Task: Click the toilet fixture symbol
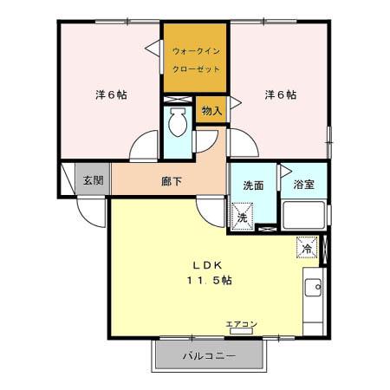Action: (x=178, y=122)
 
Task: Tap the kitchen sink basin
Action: (x=313, y=287)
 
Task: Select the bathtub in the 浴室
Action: (x=303, y=215)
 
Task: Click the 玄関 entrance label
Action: (x=93, y=180)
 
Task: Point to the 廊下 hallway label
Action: (x=172, y=181)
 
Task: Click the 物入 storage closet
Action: (x=211, y=110)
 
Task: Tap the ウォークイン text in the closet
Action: (x=196, y=51)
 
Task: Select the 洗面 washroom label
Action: (x=253, y=185)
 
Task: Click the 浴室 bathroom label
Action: (x=304, y=185)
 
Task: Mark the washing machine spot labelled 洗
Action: (x=243, y=217)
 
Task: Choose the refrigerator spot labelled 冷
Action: (x=307, y=247)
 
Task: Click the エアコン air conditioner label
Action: (x=241, y=324)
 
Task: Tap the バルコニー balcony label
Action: (x=209, y=356)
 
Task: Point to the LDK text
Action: (x=207, y=265)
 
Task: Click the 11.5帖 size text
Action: (x=210, y=280)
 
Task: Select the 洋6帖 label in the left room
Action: (x=111, y=94)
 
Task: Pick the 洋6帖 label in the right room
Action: (x=281, y=94)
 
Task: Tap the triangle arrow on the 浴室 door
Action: (x=286, y=171)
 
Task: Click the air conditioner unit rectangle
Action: (x=241, y=331)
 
